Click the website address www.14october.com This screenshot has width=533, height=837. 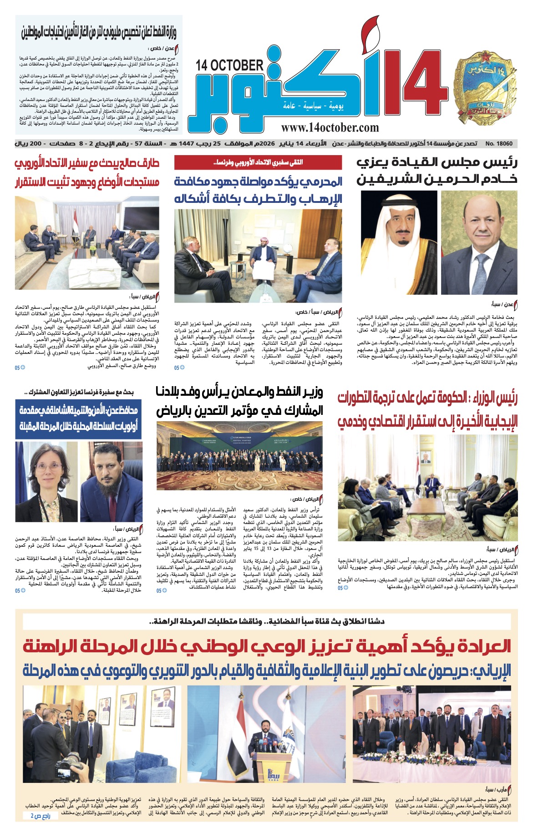coord(330,128)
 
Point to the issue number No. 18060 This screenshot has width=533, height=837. coord(499,144)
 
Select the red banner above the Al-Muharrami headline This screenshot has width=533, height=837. coord(258,162)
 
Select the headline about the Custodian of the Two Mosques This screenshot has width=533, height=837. coord(437,171)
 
